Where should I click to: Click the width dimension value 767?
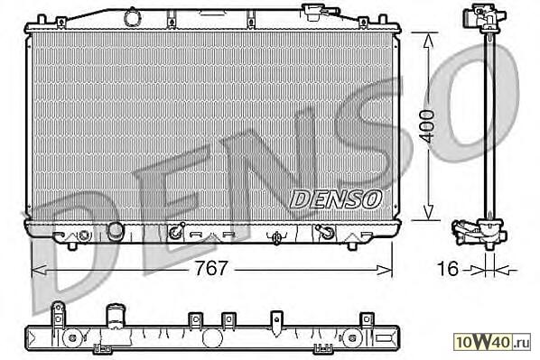[x=211, y=268]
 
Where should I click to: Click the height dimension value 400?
[x=428, y=126]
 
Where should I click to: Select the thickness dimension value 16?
[x=448, y=268]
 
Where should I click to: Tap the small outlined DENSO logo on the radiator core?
[x=336, y=199]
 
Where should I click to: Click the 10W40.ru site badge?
[x=492, y=342]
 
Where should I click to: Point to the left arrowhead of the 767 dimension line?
[x=39, y=270]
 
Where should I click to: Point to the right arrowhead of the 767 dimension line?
[x=385, y=270]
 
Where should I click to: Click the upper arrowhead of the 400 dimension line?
[x=428, y=42]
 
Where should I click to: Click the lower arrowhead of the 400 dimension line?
[x=428, y=211]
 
